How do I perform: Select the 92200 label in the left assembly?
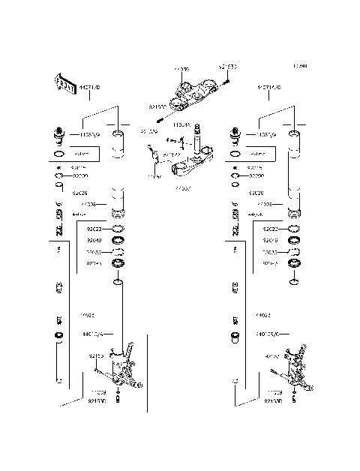[x=80, y=175]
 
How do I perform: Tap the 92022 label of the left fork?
[x=94, y=228]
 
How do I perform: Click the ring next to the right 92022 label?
[x=295, y=228]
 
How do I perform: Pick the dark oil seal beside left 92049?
[x=118, y=241]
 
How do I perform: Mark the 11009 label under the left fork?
[x=98, y=391]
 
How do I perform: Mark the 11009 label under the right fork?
[x=275, y=391]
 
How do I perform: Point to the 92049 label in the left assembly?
[x=94, y=240]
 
